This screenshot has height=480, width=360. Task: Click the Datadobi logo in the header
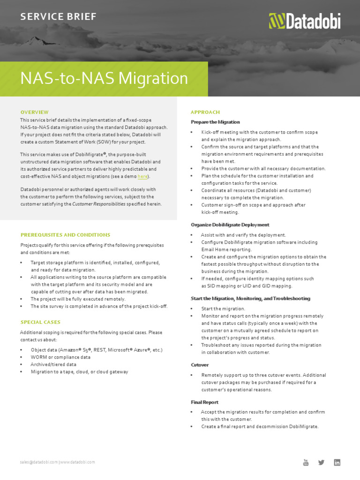point(304,21)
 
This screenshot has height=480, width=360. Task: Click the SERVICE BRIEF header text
point(58,17)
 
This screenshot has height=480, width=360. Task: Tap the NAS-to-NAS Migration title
point(104,78)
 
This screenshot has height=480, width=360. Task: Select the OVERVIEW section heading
point(34,112)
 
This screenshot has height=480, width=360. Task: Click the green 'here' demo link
point(142,176)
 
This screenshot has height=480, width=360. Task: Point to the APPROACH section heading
point(205,112)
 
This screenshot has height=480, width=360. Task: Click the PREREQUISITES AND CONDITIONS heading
point(65,235)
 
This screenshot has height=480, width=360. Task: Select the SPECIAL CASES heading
point(40,322)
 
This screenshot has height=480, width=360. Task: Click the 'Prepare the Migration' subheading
point(215,122)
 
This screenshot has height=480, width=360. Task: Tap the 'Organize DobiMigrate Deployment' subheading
point(230,225)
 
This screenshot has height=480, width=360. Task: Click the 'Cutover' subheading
point(200,365)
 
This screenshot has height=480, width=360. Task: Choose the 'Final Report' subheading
point(204,402)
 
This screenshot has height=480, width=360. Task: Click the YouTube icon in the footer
point(306,463)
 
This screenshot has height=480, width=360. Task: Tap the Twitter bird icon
point(321,462)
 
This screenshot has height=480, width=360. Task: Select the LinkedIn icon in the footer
point(337,462)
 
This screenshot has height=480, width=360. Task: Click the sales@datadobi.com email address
point(39,462)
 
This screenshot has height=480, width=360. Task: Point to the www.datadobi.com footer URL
point(77,462)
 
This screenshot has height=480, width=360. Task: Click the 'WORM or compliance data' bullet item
point(60,357)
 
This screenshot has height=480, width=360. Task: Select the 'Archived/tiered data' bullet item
point(53,364)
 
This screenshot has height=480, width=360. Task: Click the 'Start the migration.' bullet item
point(223,309)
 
